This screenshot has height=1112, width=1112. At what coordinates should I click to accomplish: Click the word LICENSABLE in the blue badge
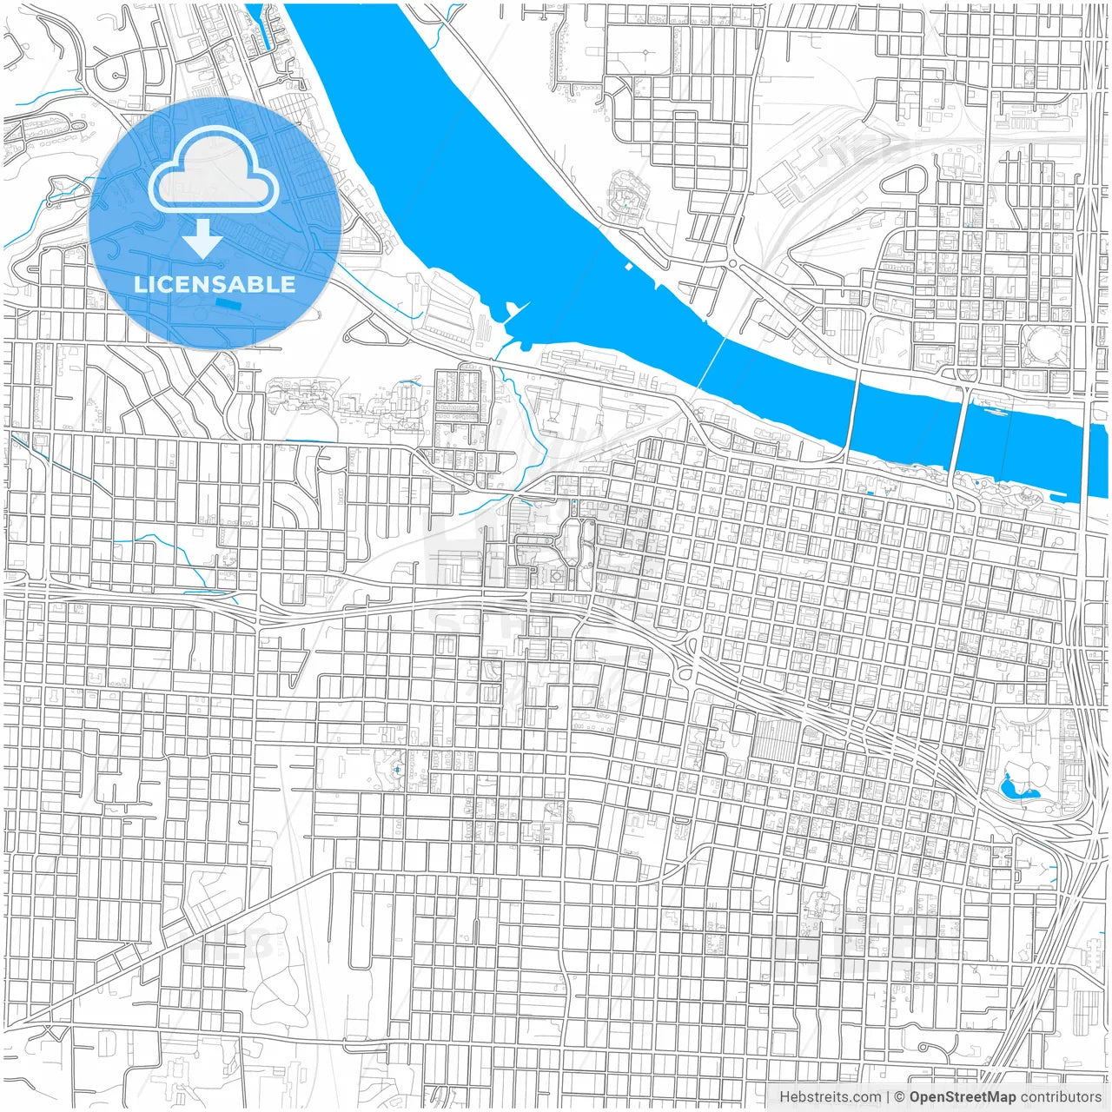(x=215, y=284)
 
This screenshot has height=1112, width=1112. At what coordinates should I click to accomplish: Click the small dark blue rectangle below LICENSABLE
(x=227, y=303)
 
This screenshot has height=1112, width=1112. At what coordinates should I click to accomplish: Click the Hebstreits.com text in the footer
(x=830, y=1097)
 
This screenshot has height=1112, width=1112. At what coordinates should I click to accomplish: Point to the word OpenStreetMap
(x=962, y=1097)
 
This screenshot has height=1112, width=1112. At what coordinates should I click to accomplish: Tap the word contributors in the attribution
(x=1061, y=1097)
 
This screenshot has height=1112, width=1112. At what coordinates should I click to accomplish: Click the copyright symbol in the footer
(x=900, y=1097)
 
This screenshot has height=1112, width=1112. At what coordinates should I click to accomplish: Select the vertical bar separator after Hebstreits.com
(x=889, y=1097)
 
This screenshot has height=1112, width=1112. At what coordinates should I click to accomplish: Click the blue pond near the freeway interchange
(x=1012, y=786)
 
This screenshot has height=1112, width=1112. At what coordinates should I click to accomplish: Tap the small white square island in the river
(x=627, y=266)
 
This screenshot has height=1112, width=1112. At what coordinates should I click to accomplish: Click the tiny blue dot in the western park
(x=397, y=769)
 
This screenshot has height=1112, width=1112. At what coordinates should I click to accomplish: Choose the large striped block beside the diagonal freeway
(x=775, y=738)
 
